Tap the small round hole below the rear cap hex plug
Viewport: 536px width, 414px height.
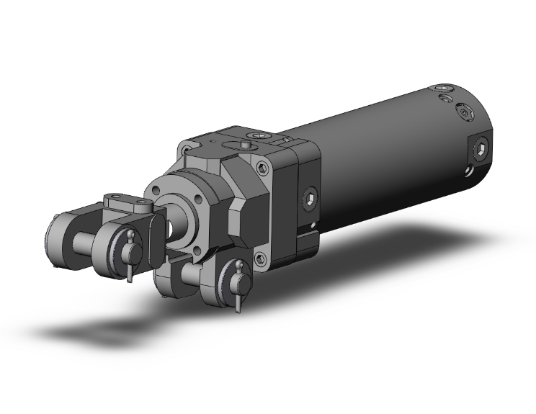[469, 171]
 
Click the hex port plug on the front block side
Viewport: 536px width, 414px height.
[309, 199]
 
